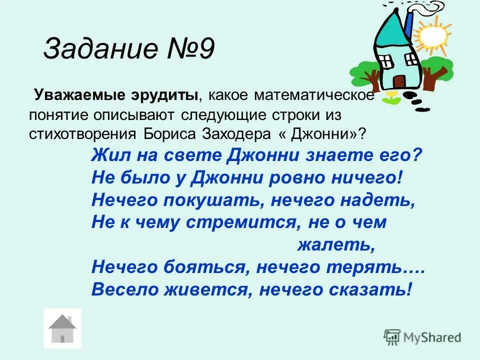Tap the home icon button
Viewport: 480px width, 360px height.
(x=62, y=328)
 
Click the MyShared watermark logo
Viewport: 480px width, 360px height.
(x=422, y=337)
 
